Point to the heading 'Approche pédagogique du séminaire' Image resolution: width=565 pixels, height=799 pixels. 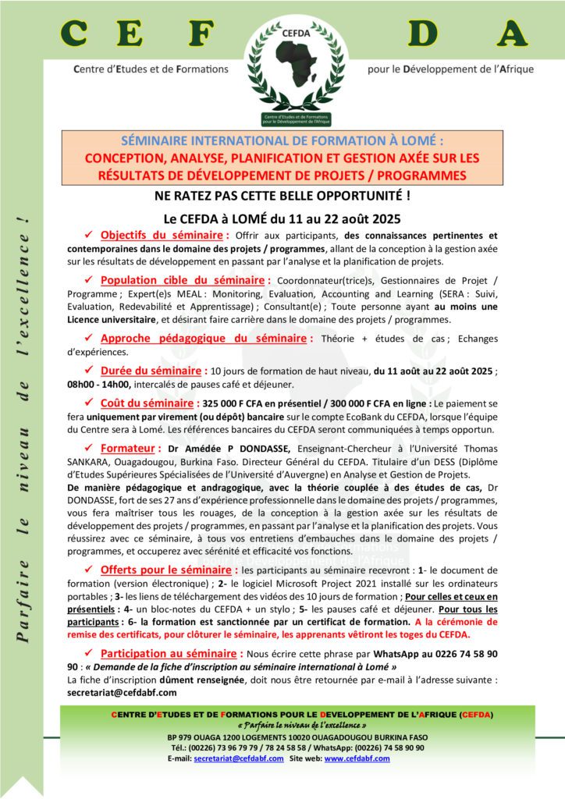(207, 338)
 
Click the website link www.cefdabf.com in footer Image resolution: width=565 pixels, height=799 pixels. (357, 758)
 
